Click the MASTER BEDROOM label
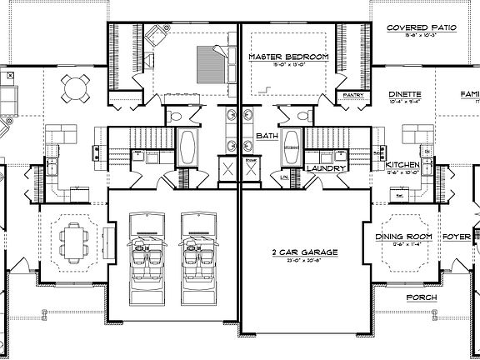tap(288, 57)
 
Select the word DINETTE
tap(405, 94)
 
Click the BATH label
tap(267, 135)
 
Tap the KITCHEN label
tap(403, 166)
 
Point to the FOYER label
tap(457, 237)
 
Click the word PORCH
tap(421, 297)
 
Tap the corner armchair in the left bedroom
tap(156, 37)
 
